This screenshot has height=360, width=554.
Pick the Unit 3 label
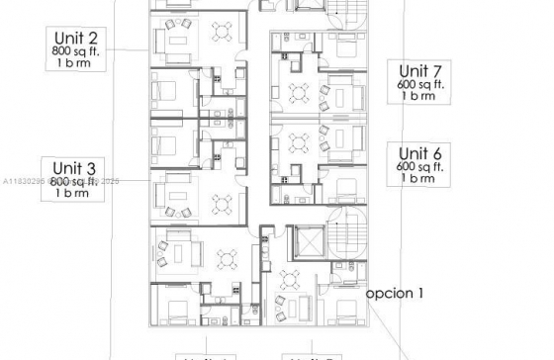tap(73, 167)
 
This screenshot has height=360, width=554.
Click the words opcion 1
tap(395, 293)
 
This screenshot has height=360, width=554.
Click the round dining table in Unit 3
tap(220, 206)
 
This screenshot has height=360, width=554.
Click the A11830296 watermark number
tap(22, 182)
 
